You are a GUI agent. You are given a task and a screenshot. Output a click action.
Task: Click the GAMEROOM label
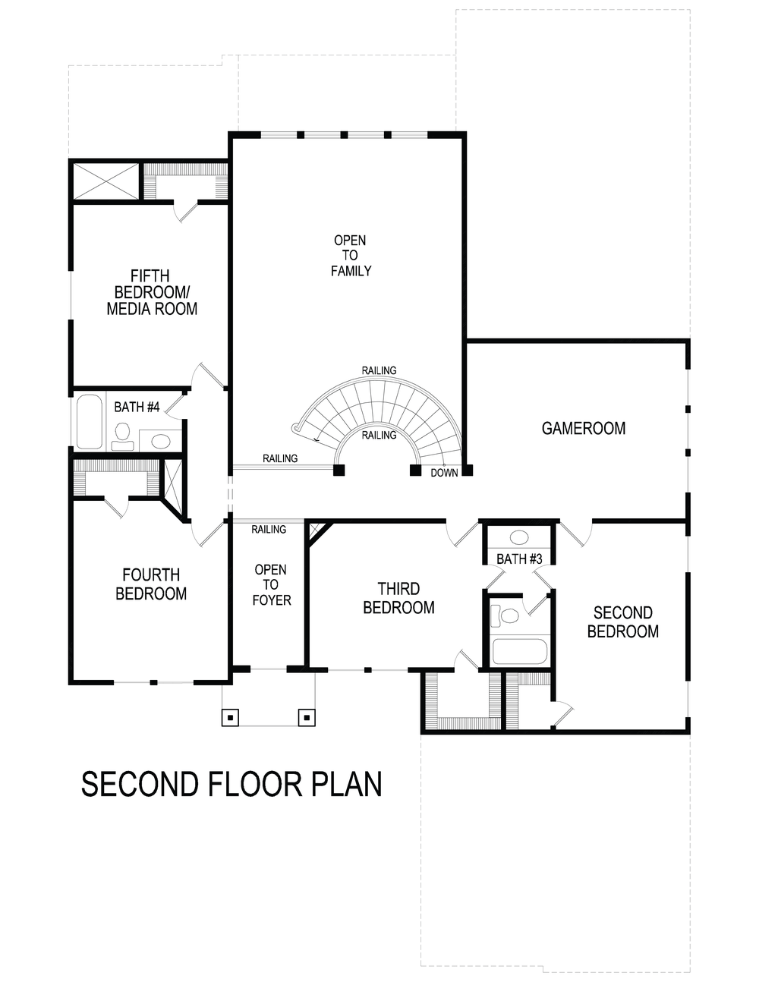pos(583,429)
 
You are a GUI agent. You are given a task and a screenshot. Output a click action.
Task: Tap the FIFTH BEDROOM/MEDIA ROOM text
pos(152,293)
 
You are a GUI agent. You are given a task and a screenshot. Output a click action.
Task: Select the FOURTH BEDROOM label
pos(151,584)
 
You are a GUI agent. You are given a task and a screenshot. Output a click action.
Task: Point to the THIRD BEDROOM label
pos(398,598)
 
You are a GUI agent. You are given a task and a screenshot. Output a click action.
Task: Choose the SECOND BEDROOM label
pos(622,622)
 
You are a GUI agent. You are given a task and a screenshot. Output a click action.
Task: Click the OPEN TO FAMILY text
pos(350,256)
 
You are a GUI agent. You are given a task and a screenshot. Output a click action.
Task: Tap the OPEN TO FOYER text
pos(271,584)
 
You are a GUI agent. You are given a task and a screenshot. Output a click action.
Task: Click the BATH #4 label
pos(137,408)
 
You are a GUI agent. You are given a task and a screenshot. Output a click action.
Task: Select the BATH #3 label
pos(519,559)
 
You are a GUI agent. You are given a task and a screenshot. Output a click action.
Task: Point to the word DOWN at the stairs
pos(444,473)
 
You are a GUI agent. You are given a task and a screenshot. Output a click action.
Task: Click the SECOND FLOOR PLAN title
pos(231,784)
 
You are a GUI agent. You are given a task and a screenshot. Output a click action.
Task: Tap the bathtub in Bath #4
pos(89,422)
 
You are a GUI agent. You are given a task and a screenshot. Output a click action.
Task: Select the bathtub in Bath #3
pos(519,651)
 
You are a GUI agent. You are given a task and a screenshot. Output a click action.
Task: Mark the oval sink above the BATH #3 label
pos(519,537)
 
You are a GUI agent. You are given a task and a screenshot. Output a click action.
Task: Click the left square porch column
pos(231,716)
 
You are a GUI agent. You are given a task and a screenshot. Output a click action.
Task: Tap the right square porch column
pos(306,716)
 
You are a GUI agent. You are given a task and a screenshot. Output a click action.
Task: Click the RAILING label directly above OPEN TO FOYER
pos(269,529)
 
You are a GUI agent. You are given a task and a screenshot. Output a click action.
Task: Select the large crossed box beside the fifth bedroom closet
pos(106,182)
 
